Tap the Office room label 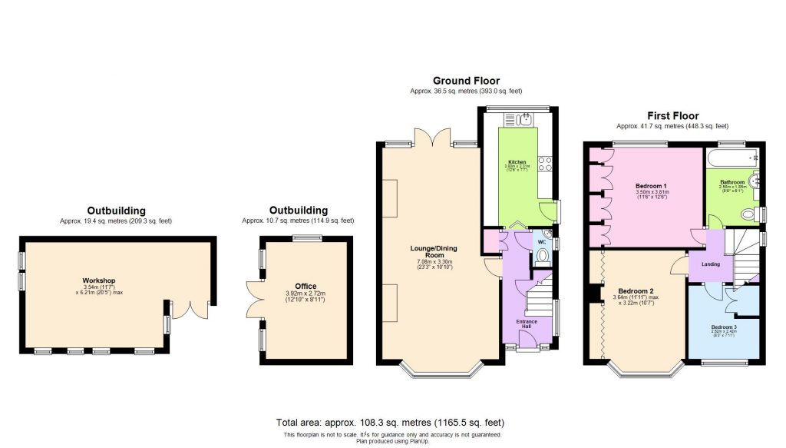click(x=305, y=287)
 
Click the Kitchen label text click(x=517, y=162)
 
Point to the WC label click(x=541, y=242)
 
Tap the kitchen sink click(x=526, y=118)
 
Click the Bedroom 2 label click(x=636, y=291)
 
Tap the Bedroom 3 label click(x=723, y=327)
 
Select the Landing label click(x=711, y=265)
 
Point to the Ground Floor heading click(x=466, y=81)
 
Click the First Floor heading click(x=672, y=116)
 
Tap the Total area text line click(x=390, y=423)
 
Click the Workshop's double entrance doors click(x=189, y=309)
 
